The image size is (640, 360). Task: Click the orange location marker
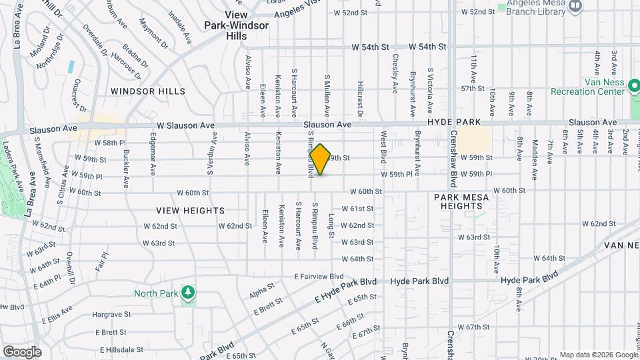pos(321,159)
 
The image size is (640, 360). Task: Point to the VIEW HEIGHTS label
pos(190,210)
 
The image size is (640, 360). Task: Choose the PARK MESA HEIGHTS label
pos(461,202)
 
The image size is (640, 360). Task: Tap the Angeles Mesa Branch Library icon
pos(576,5)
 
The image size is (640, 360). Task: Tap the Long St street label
pos(331,225)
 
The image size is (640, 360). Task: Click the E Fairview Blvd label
pos(319,276)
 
